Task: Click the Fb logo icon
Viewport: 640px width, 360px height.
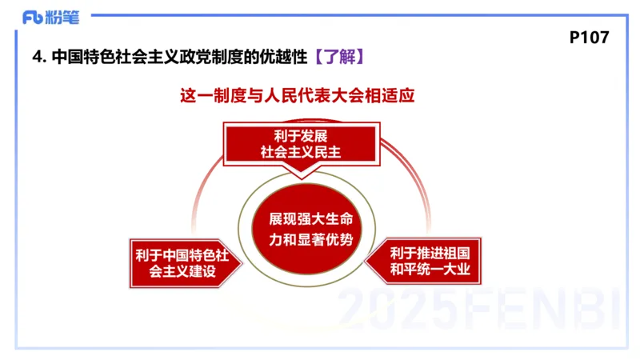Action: pyautogui.click(x=35, y=16)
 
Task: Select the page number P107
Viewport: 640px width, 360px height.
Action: pyautogui.click(x=590, y=37)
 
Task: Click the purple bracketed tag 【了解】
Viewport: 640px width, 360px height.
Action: pyautogui.click(x=339, y=57)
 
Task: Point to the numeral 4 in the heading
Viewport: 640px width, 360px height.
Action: pyautogui.click(x=35, y=58)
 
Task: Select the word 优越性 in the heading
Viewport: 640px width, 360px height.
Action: pyautogui.click(x=282, y=58)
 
